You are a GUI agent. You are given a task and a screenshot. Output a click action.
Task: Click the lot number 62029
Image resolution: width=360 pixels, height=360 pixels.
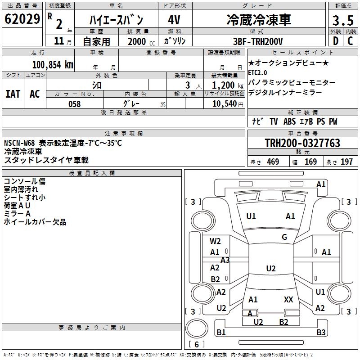(x=22, y=20)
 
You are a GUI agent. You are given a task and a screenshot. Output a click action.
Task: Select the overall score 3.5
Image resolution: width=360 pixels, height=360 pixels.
(x=342, y=21)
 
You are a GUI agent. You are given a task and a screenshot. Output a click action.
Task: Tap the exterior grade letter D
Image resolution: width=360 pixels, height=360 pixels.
(x=335, y=41)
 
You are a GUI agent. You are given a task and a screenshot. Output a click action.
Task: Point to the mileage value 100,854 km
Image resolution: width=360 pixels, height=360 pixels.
(x=53, y=64)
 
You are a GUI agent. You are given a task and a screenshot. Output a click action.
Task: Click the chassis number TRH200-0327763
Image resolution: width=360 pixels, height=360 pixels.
(x=302, y=144)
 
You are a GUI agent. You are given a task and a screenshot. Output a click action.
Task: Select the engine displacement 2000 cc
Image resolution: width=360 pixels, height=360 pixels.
(x=137, y=41)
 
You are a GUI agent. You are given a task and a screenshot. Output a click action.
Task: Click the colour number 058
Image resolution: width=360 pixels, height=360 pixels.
(x=74, y=104)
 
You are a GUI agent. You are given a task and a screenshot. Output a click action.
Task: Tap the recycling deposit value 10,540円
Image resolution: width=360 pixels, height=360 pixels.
(x=225, y=104)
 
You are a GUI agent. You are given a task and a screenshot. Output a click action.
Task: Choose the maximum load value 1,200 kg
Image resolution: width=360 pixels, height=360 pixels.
(x=225, y=85)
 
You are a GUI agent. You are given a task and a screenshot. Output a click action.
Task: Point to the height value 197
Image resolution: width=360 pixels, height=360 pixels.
(x=346, y=162)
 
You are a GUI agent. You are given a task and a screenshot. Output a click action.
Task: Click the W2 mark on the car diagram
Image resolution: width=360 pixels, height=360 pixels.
(x=215, y=241)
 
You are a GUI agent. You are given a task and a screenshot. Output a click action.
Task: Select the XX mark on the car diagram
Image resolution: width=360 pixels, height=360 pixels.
(x=288, y=299)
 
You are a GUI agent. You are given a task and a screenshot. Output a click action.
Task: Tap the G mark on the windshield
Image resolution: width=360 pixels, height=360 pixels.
(x=284, y=237)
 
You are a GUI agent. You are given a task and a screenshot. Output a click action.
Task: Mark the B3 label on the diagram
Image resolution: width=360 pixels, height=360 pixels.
(x=320, y=333)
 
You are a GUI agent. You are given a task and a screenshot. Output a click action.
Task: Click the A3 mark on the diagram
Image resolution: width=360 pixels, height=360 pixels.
(x=225, y=260)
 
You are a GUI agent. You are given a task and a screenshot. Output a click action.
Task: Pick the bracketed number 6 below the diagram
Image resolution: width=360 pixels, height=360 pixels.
(x=196, y=345)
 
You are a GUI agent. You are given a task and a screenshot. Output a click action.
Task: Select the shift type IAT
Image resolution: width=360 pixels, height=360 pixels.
(x=13, y=94)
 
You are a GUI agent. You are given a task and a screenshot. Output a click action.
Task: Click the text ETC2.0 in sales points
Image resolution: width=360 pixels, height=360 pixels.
(x=257, y=72)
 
